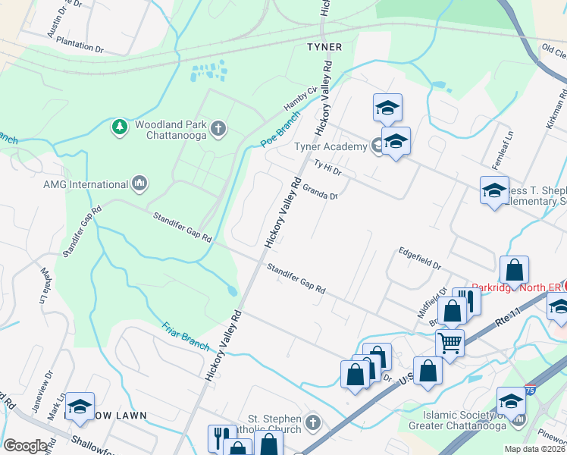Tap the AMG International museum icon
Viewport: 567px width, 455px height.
tap(139, 184)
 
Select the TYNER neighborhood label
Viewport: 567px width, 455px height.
tap(324, 47)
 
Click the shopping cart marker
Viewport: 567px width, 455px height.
tap(450, 343)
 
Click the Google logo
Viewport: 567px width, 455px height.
tap(25, 445)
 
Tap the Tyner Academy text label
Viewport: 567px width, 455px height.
tap(340, 146)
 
